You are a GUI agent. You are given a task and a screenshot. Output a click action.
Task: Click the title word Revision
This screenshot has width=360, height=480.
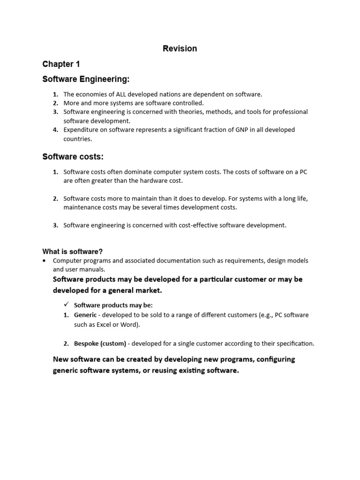coord(180,48)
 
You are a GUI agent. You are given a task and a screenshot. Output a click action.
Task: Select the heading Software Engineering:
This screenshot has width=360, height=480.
coord(86,79)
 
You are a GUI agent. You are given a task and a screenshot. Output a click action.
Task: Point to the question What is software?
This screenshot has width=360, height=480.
coord(72,251)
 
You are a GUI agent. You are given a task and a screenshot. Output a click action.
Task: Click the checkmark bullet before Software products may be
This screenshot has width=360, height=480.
coord(67,305)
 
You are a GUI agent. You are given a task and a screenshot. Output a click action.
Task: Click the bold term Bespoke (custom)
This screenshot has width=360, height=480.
coord(100,344)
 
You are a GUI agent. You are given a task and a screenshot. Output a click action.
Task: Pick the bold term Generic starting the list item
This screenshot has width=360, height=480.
coord(85,315)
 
